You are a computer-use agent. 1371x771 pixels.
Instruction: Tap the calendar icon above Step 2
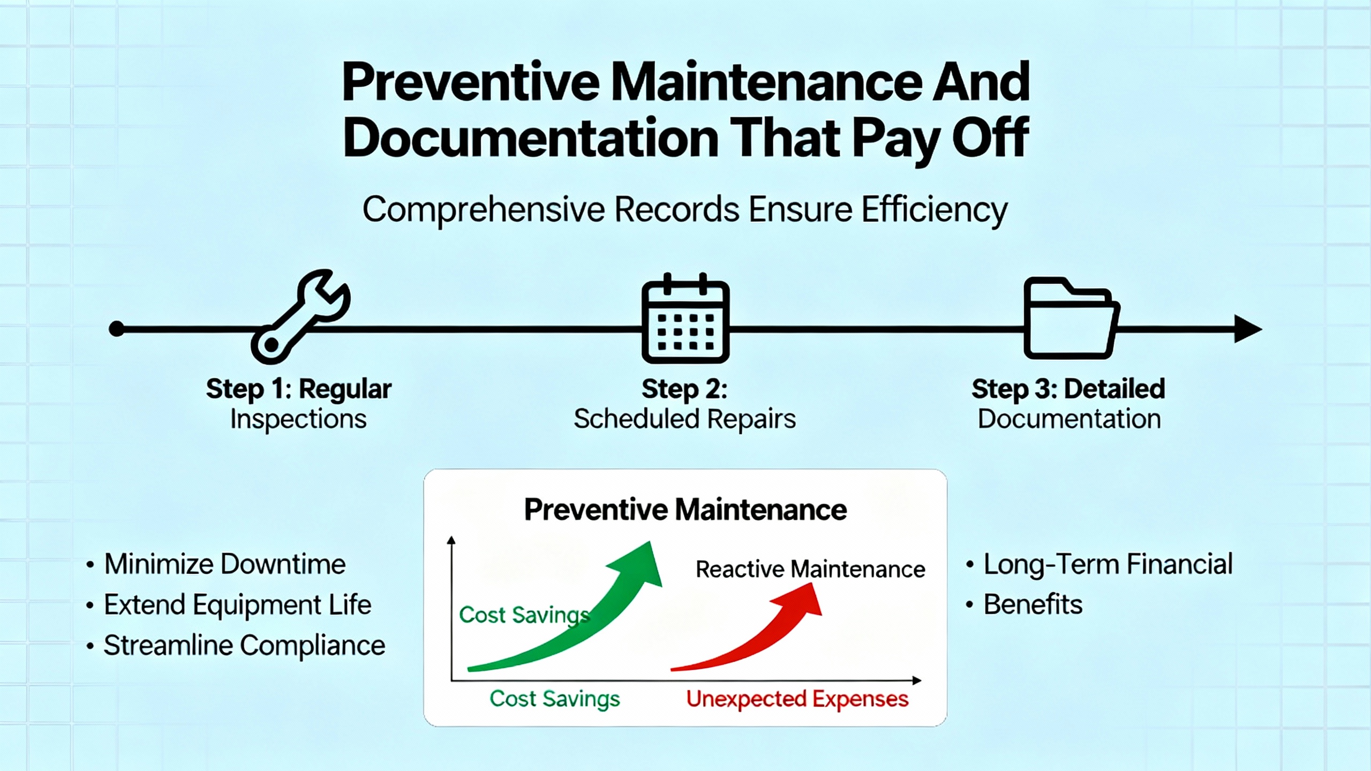click(x=685, y=318)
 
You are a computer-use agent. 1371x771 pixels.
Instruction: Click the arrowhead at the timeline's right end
click(x=1248, y=328)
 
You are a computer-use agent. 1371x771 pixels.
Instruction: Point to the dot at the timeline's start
click(x=117, y=329)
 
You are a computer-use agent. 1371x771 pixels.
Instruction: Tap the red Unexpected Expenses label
click(x=797, y=699)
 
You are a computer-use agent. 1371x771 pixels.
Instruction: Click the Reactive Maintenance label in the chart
click(x=810, y=569)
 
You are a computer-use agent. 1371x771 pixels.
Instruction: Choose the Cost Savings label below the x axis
click(x=555, y=699)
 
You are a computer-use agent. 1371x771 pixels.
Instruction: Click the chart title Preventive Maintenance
click(x=685, y=509)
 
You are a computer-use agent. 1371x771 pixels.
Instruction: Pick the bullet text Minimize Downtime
click(x=225, y=564)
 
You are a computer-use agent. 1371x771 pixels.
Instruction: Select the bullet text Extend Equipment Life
click(x=238, y=605)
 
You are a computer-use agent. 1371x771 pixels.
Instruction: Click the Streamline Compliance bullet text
click(x=245, y=645)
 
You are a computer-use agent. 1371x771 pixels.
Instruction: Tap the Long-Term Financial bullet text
click(x=1108, y=564)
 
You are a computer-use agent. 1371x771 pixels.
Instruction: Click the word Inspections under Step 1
click(x=298, y=419)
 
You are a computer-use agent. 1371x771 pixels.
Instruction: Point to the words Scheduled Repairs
click(x=685, y=419)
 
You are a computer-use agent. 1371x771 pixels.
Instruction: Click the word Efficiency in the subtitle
click(x=935, y=210)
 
